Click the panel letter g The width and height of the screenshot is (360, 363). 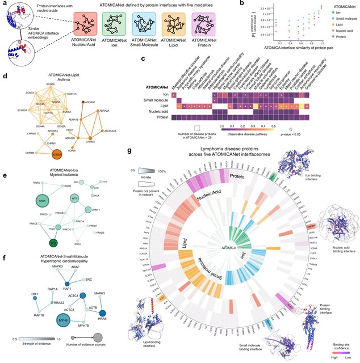point(131,150)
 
